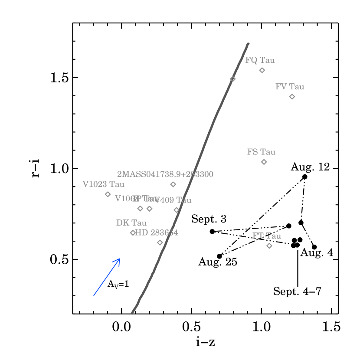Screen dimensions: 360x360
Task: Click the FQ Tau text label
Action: click(x=260, y=60)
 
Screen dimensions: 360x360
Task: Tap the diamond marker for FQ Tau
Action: click(x=262, y=70)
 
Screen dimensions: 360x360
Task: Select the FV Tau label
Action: click(x=290, y=87)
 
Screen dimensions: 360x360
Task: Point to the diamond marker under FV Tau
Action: click(x=292, y=97)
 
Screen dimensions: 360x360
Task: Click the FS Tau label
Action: click(x=261, y=152)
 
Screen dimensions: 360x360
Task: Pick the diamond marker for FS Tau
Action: click(x=264, y=162)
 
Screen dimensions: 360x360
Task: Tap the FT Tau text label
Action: click(x=267, y=236)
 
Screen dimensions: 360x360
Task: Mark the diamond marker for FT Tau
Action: click(x=269, y=246)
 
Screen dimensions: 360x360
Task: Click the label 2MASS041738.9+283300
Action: click(x=165, y=174)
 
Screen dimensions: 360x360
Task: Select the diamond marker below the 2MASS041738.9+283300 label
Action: click(x=173, y=184)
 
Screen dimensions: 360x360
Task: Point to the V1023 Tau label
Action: click(x=103, y=184)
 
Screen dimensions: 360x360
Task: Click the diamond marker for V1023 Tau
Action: click(x=108, y=194)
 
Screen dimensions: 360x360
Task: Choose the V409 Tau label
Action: click(x=173, y=200)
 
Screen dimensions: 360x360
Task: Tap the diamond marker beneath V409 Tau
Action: click(x=177, y=210)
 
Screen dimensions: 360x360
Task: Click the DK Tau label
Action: click(x=131, y=223)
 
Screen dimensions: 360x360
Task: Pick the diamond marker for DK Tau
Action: click(x=133, y=233)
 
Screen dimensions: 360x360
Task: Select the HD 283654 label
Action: click(x=157, y=233)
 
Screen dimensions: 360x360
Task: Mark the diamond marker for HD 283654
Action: click(x=160, y=242)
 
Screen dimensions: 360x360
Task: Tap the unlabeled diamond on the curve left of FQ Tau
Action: click(x=232, y=79)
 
